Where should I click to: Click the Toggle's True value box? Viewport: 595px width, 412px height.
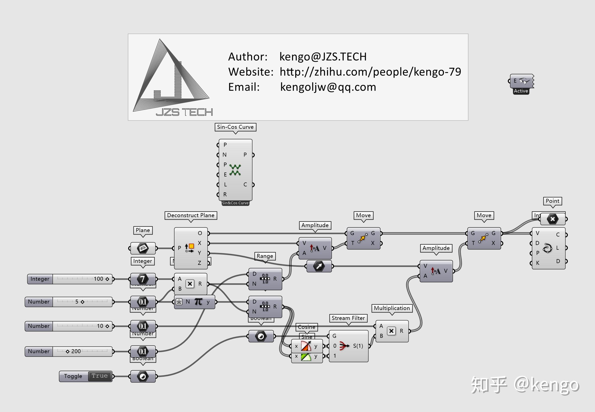point(99,376)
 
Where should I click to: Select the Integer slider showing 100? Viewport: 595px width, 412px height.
point(82,279)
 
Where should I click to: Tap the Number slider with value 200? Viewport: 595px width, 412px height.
point(82,351)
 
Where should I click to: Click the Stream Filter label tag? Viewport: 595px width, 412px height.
point(348,318)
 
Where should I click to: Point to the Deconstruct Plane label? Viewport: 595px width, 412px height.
point(191,215)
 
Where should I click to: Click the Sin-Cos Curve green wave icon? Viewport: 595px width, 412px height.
point(235,170)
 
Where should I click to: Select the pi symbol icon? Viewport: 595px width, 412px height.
point(198,302)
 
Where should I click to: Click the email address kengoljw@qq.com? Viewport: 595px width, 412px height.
point(328,87)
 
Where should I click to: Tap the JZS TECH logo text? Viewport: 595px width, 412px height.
point(184,112)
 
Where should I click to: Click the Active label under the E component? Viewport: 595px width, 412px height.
point(521,91)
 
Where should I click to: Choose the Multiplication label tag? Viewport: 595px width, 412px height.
point(392,308)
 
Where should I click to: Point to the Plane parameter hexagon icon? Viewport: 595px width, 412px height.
point(143,248)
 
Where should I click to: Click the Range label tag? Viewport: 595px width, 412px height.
point(265,256)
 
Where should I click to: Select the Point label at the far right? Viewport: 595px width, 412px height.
point(552,201)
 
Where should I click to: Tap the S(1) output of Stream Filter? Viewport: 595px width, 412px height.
point(358,346)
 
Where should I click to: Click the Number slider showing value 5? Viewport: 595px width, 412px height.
point(82,302)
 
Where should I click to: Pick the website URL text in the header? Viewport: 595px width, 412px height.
point(370,72)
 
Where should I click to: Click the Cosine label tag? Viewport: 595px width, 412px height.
point(306,327)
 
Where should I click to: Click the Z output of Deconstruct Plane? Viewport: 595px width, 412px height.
point(199,263)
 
